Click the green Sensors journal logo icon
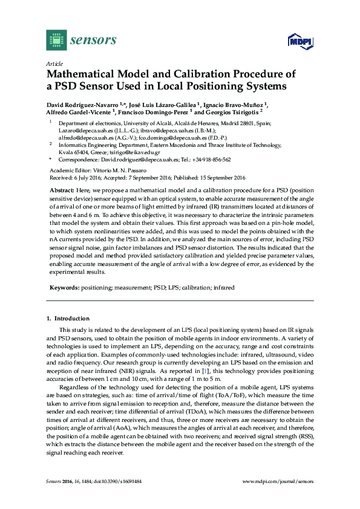tap(56, 40)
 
